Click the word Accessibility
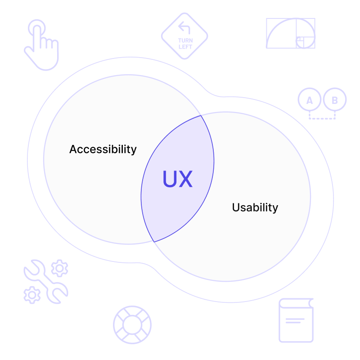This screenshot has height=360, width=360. click(x=103, y=149)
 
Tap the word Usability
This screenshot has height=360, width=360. click(x=255, y=207)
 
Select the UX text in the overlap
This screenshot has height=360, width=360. click(x=177, y=179)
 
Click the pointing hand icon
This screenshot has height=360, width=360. click(x=42, y=45)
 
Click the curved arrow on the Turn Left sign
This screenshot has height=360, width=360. click(x=184, y=27)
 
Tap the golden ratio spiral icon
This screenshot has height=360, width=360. click(x=291, y=33)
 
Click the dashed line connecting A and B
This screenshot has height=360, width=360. click(x=322, y=118)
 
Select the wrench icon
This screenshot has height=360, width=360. click(x=46, y=282)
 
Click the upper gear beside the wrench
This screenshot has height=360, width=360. click(x=60, y=268)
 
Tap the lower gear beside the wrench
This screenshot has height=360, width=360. click(x=32, y=295)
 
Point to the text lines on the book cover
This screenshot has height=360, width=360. click(x=295, y=321)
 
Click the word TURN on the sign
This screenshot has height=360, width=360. click(x=185, y=40)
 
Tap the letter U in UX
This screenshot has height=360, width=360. click(x=169, y=179)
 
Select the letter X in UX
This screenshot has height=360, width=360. click(x=185, y=179)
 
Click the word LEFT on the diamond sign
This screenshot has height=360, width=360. click(x=185, y=47)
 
